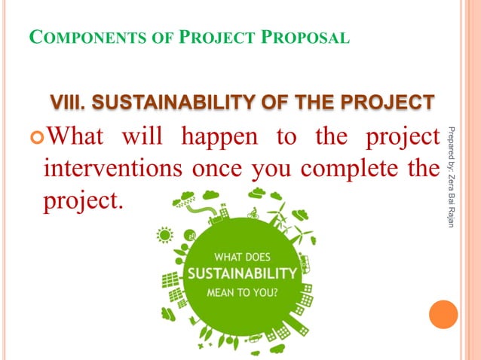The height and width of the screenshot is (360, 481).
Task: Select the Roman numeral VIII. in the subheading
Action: click(x=69, y=101)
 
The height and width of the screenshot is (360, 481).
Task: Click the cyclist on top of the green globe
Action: click(x=253, y=213)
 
